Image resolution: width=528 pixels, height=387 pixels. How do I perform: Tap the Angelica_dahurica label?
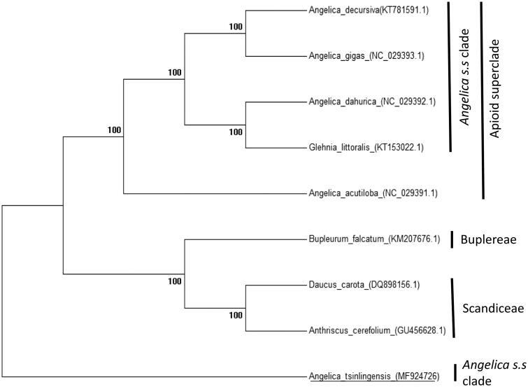372,101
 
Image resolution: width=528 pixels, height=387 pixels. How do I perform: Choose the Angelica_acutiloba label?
373,192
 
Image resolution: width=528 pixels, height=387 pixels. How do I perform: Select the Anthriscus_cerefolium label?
377,330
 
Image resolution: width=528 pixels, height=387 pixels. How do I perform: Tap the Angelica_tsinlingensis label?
374,377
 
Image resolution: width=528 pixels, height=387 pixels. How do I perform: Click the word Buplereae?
488,239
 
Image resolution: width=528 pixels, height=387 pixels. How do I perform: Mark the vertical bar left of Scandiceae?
453,308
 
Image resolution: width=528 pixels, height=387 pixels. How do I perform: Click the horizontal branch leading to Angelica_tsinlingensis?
154,376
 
